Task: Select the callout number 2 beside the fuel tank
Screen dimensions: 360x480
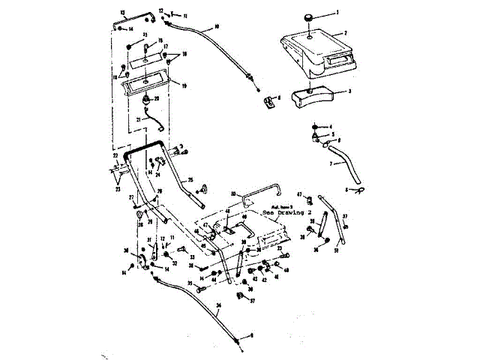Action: tap(346, 33)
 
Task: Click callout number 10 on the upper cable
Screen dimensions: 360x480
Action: tap(217, 27)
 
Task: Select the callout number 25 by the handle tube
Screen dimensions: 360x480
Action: tap(190, 180)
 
